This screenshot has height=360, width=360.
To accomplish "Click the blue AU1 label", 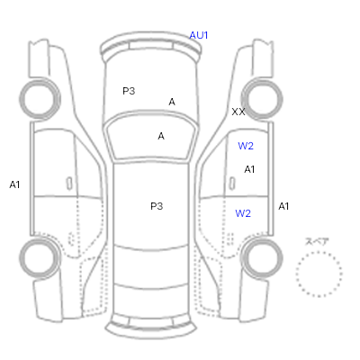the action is click(x=198, y=35).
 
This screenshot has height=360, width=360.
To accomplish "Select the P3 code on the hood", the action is click(x=129, y=91).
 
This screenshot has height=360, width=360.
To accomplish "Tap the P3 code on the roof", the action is click(x=157, y=206).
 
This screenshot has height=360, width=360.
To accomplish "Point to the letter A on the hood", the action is click(x=172, y=102).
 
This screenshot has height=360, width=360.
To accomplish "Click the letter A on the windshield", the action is click(x=161, y=136).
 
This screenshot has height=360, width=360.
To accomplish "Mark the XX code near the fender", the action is click(x=238, y=112).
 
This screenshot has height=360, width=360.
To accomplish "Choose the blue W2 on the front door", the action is click(x=246, y=146).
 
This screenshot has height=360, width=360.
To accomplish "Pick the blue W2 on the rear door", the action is click(x=243, y=213).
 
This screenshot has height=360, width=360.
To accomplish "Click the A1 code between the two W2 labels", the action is click(x=249, y=169).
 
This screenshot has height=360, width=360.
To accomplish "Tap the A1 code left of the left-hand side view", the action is click(x=14, y=184).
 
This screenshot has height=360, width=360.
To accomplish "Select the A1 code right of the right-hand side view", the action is click(x=283, y=206).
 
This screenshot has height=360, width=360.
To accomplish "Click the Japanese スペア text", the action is click(x=317, y=241).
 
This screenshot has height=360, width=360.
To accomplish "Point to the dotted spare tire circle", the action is click(x=319, y=252).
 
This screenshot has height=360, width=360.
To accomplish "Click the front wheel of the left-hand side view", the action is click(x=40, y=80).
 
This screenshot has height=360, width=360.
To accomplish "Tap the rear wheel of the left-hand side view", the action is click(x=40, y=239).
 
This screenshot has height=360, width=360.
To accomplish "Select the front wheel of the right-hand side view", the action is click(x=262, y=80).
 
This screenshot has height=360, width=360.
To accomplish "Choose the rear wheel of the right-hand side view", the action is click(x=262, y=239).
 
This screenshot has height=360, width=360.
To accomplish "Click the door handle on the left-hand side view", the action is click(x=69, y=184).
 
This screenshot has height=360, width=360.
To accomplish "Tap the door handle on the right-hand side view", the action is click(x=232, y=184).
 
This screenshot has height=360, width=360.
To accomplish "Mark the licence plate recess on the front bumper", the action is click(x=151, y=46).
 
